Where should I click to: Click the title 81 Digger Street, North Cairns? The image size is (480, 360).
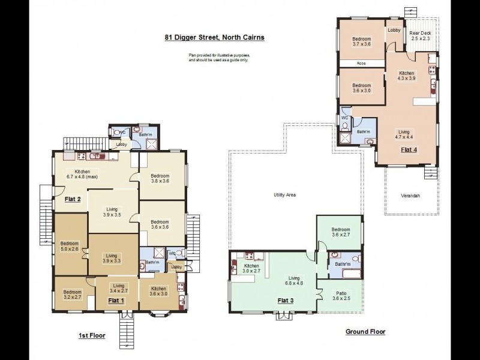click(214, 37)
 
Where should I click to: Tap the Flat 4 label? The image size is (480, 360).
click(409, 149)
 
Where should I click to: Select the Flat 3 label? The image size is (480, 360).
click(286, 301)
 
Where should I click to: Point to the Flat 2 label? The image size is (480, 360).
click(73, 199)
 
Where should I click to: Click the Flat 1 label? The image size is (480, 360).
click(116, 301)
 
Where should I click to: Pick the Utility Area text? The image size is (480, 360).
click(284, 194)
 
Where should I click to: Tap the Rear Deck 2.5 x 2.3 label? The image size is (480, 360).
click(421, 36)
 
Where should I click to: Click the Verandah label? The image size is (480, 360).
click(410, 196)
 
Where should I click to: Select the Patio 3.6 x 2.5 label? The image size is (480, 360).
click(341, 296)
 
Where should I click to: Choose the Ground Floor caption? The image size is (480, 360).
click(365, 332)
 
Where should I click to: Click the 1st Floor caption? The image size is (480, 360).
click(92, 335)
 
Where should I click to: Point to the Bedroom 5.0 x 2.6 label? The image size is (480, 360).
click(70, 247)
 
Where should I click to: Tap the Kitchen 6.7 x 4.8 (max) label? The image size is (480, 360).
click(82, 174)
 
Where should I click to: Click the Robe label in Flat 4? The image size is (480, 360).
click(361, 64)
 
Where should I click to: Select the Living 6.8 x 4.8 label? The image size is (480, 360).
click(294, 281)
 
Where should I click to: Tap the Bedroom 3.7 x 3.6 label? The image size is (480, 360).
click(362, 41)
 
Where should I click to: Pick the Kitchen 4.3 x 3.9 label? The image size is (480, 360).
click(407, 76)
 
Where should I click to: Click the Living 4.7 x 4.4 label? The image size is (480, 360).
click(404, 134)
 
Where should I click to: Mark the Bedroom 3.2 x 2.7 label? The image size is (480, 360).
click(73, 295)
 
